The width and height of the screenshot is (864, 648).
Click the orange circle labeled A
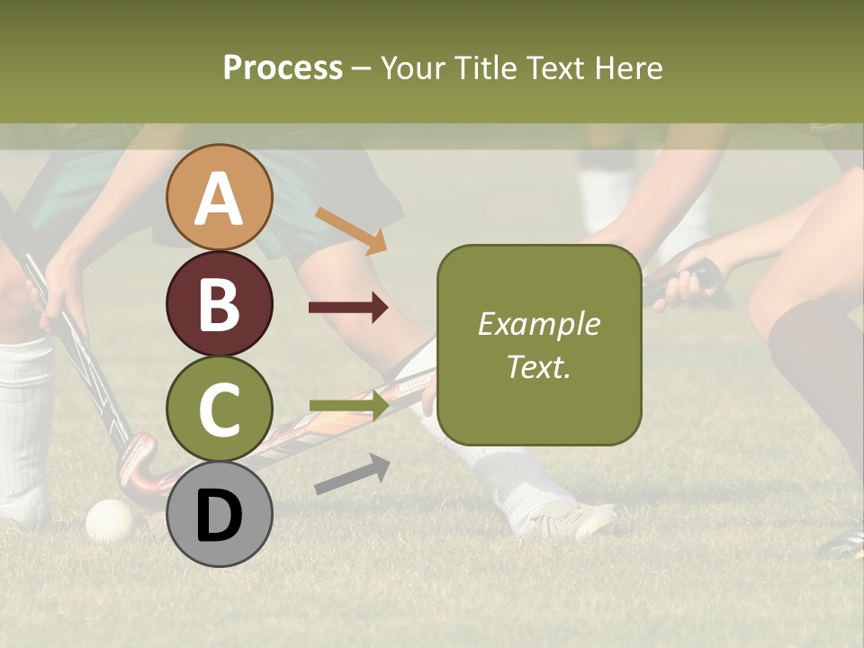[x=220, y=198]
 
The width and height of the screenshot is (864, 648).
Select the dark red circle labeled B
[x=220, y=304]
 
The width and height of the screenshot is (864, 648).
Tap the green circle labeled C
[x=220, y=409]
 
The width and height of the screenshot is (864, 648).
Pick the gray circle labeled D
[x=220, y=515]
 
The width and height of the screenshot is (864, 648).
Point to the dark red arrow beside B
[x=348, y=308]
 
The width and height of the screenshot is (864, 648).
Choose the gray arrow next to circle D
[x=352, y=474]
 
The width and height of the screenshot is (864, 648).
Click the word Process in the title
[x=283, y=67]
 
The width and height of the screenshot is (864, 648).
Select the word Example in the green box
[x=538, y=324]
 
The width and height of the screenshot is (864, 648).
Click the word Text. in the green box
[x=538, y=366]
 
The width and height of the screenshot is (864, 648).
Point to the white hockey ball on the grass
[x=109, y=520]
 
